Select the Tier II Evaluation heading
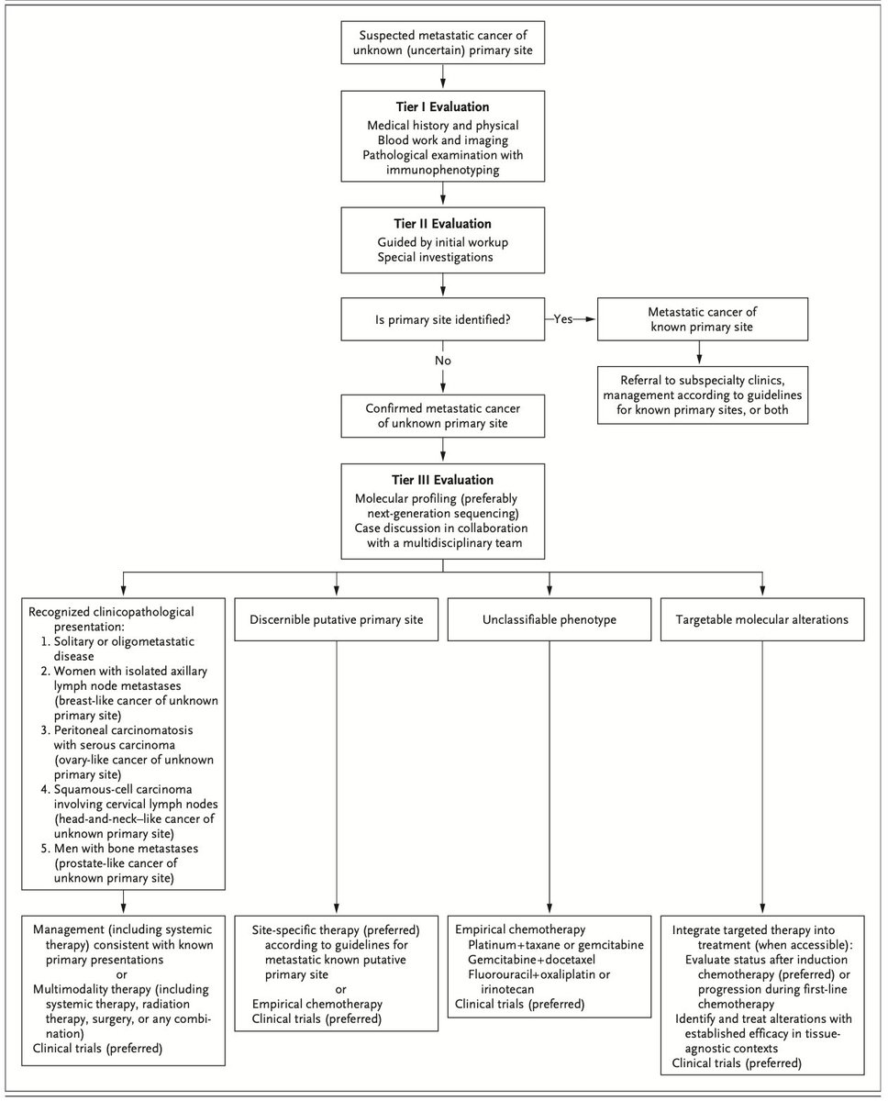coord(443,223)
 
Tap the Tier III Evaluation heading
coord(443,480)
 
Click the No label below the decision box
coord(443,361)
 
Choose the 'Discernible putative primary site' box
coord(336,619)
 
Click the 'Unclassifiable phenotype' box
coord(549,619)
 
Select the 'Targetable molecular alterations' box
coord(762,619)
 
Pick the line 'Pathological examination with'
coord(443,155)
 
